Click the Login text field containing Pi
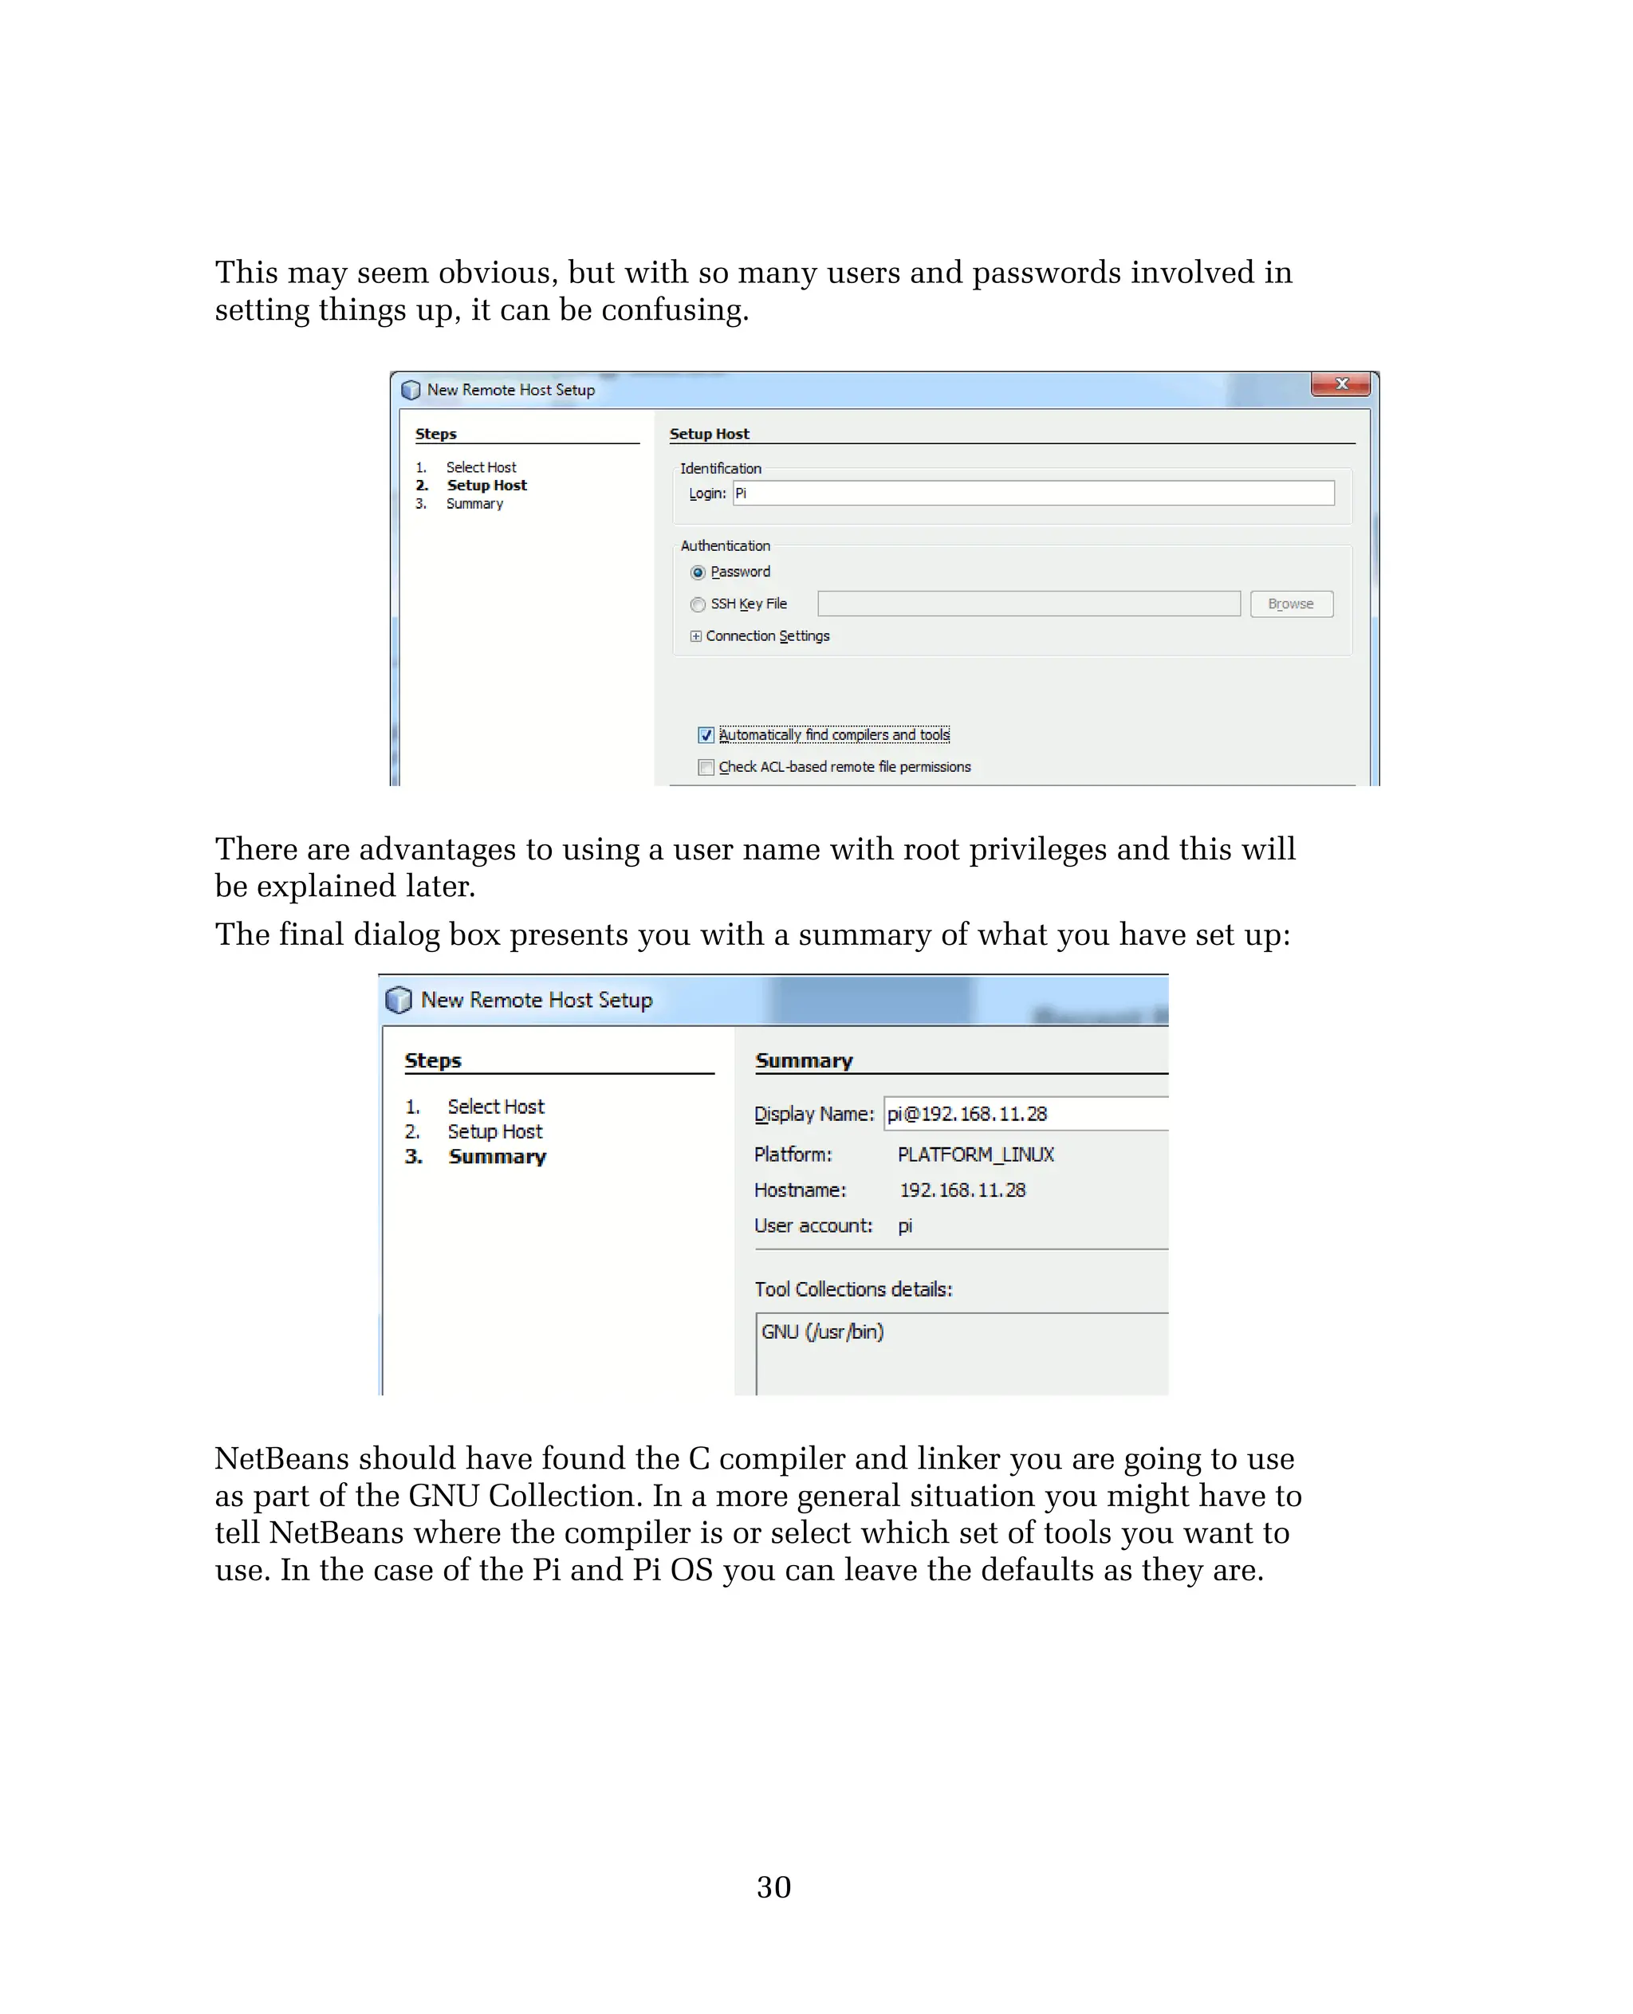coord(1033,493)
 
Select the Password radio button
coord(698,572)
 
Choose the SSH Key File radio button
coord(698,604)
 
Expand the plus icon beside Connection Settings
coord(695,636)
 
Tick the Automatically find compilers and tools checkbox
coord(706,734)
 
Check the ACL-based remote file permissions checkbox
coord(706,767)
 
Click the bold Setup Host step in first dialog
coord(486,486)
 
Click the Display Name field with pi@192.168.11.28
coord(1025,1114)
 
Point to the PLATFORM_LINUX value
coord(975,1155)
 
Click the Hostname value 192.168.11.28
coord(962,1190)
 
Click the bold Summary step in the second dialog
coord(497,1156)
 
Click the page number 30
coord(773,1887)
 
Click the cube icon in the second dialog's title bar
coord(399,1000)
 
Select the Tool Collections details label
coord(853,1288)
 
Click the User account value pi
coord(905,1225)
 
